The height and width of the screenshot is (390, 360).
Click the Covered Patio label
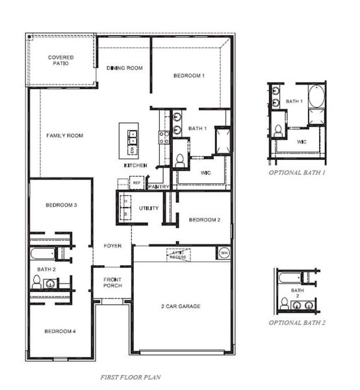coord(60,61)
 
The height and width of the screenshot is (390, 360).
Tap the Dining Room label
coord(124,68)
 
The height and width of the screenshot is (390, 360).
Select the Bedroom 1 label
coord(189,76)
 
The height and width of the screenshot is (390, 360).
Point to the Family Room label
coord(64,136)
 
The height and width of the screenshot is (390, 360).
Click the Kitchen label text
coord(136,166)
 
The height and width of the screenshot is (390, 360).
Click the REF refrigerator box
coord(136,183)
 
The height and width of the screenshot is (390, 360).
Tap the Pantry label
coord(159,187)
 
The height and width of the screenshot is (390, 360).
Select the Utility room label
coord(149,208)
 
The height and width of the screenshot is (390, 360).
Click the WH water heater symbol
coord(224,253)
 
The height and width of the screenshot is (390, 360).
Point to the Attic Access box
coord(178,254)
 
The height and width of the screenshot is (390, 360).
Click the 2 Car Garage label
coord(181,306)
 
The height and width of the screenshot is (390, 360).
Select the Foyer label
coord(112,246)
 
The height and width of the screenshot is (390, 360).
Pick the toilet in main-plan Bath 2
coord(38,281)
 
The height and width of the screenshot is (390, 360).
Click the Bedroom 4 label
coord(60,331)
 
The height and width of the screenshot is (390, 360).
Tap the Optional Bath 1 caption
coord(297,174)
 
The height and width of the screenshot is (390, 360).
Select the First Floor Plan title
coord(131,377)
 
